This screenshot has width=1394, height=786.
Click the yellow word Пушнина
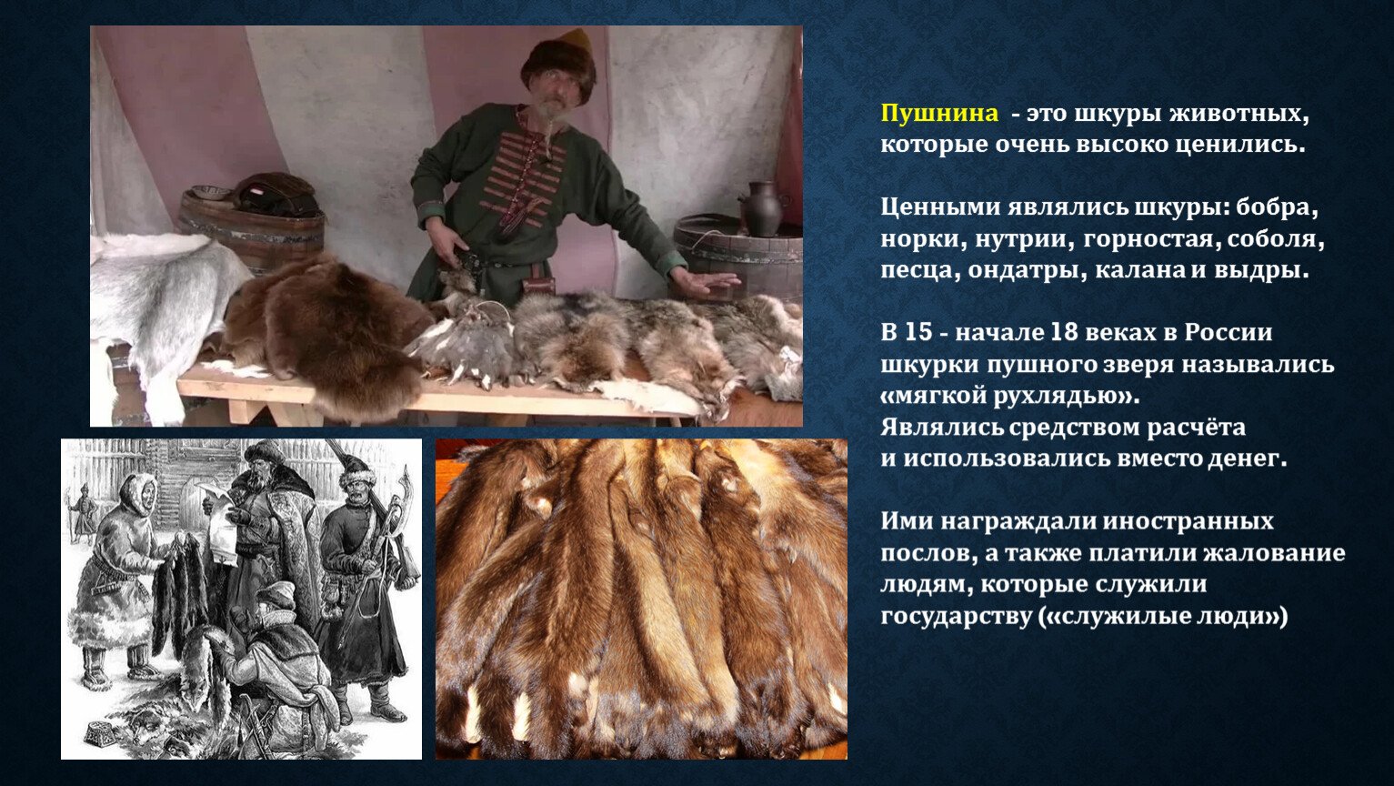click(939, 114)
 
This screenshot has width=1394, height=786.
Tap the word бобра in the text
click(1278, 207)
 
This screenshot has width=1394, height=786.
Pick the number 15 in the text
click(918, 332)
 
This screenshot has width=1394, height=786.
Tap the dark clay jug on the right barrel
click(763, 208)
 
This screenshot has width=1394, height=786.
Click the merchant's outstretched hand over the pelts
click(707, 284)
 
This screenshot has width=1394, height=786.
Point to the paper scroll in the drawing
click(218, 522)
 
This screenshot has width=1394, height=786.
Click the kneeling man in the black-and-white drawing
click(274, 654)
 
